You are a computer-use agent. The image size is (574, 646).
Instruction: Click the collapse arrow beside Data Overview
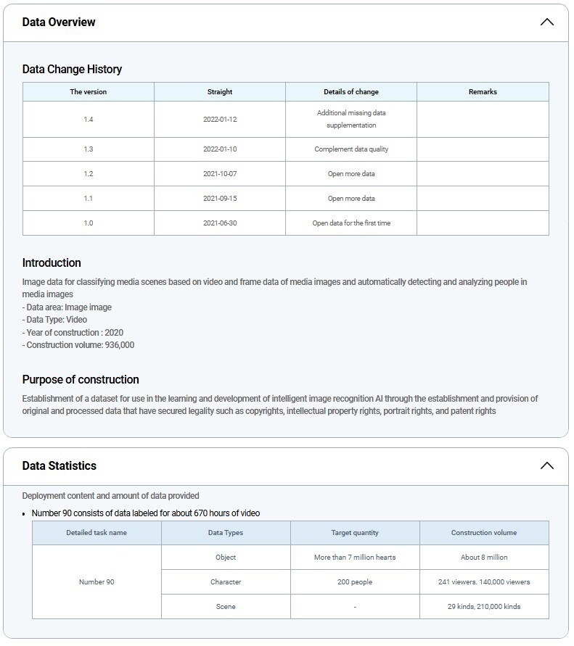547,22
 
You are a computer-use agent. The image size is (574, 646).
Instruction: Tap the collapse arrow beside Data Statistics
547,465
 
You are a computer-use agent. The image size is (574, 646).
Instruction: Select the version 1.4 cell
88,120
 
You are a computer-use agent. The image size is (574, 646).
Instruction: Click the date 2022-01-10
220,149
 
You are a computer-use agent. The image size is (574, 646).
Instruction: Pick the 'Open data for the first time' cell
351,223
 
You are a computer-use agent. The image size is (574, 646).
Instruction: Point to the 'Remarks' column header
483,92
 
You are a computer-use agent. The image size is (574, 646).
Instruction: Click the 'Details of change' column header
351,92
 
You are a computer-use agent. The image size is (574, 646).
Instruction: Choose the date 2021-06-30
220,223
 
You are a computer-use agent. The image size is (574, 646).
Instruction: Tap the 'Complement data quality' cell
351,149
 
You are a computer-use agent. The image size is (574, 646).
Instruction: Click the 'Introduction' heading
52,262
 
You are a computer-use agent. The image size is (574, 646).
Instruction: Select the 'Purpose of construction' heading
81,379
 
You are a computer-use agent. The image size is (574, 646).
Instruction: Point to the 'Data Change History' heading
72,69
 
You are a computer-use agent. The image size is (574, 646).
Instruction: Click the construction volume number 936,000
120,345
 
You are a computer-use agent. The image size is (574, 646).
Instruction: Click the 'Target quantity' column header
355,533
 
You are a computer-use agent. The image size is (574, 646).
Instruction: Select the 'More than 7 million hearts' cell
355,558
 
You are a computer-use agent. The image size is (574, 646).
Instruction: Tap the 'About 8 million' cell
484,558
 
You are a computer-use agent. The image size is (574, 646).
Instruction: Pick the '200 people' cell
355,582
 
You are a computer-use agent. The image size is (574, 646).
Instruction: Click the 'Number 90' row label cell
97,582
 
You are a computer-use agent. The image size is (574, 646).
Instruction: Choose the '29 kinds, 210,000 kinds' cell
484,607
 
